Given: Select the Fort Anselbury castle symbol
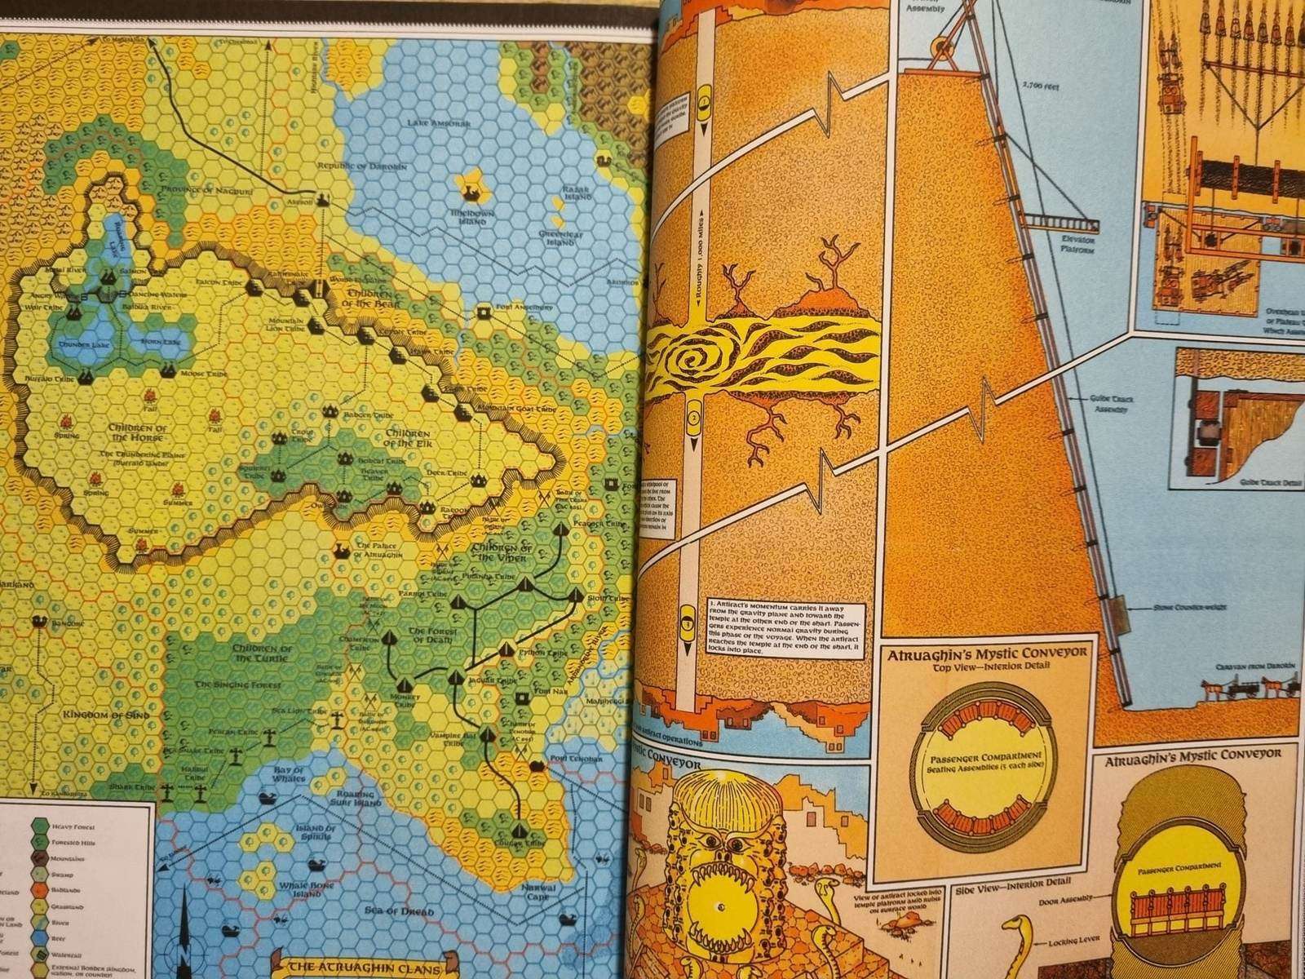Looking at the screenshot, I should [x=483, y=309].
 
